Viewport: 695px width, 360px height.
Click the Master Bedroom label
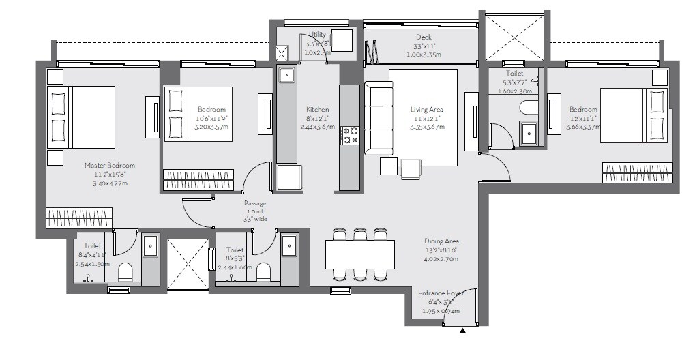click(109, 165)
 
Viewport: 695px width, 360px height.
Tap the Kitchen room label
click(317, 109)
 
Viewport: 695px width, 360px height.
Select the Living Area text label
click(427, 109)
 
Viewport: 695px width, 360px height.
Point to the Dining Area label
click(441, 241)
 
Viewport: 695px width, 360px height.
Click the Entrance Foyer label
click(441, 293)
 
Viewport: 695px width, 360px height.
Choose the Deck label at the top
click(424, 37)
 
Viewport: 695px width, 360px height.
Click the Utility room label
click(317, 34)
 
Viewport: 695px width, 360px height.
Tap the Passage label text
click(254, 203)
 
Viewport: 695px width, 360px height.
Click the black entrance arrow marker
click(463, 331)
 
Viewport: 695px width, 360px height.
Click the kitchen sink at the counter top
click(286, 75)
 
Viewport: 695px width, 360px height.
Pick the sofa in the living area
click(378, 118)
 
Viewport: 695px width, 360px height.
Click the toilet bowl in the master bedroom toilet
click(125, 273)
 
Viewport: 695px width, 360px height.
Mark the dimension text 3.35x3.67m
click(427, 127)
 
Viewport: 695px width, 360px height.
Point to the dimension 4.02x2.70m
click(441, 259)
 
